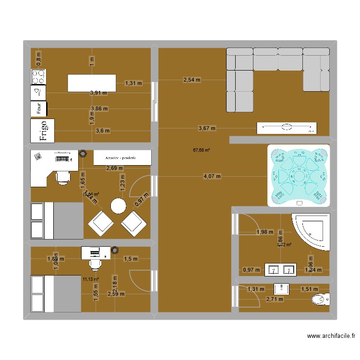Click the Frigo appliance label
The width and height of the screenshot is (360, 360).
point(43,131)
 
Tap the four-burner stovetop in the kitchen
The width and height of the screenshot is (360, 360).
point(39,76)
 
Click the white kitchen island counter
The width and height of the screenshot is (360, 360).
point(92,83)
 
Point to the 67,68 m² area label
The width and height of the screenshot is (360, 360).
point(202,150)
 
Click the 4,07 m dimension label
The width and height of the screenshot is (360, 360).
point(212,176)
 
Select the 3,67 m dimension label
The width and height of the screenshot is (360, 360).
point(207,128)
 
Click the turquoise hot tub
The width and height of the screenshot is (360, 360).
point(299,176)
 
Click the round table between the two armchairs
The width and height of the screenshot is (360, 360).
point(118,206)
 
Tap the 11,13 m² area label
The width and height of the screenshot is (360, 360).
point(90,279)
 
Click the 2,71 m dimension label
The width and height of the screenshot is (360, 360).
point(274,300)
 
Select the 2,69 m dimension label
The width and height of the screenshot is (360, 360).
point(114,168)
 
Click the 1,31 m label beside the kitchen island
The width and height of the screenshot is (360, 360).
point(133,83)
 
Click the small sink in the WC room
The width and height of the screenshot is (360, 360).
point(281,288)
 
